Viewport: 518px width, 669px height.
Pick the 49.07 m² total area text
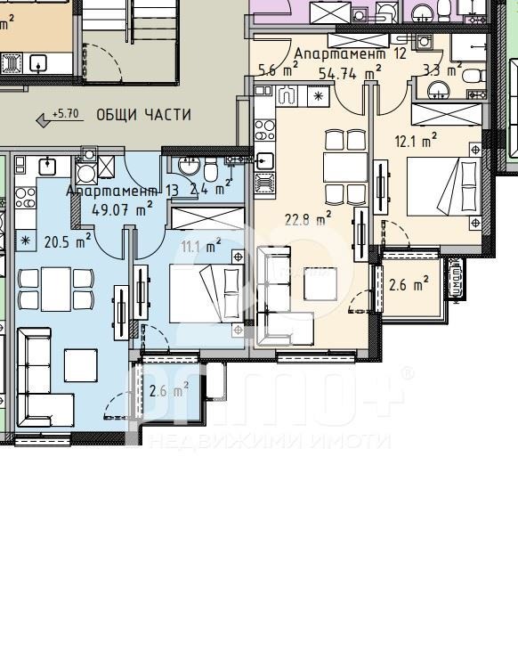[122, 209]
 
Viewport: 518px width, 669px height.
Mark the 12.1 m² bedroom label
[416, 140]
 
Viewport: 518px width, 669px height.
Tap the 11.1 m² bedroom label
[201, 247]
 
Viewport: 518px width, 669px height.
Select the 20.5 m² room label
[68, 241]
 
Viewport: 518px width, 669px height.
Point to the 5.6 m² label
[278, 70]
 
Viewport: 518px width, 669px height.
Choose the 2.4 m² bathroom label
[211, 189]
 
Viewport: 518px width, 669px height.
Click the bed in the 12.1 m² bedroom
[445, 186]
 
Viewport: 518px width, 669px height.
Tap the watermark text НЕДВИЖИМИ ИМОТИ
[270, 441]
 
